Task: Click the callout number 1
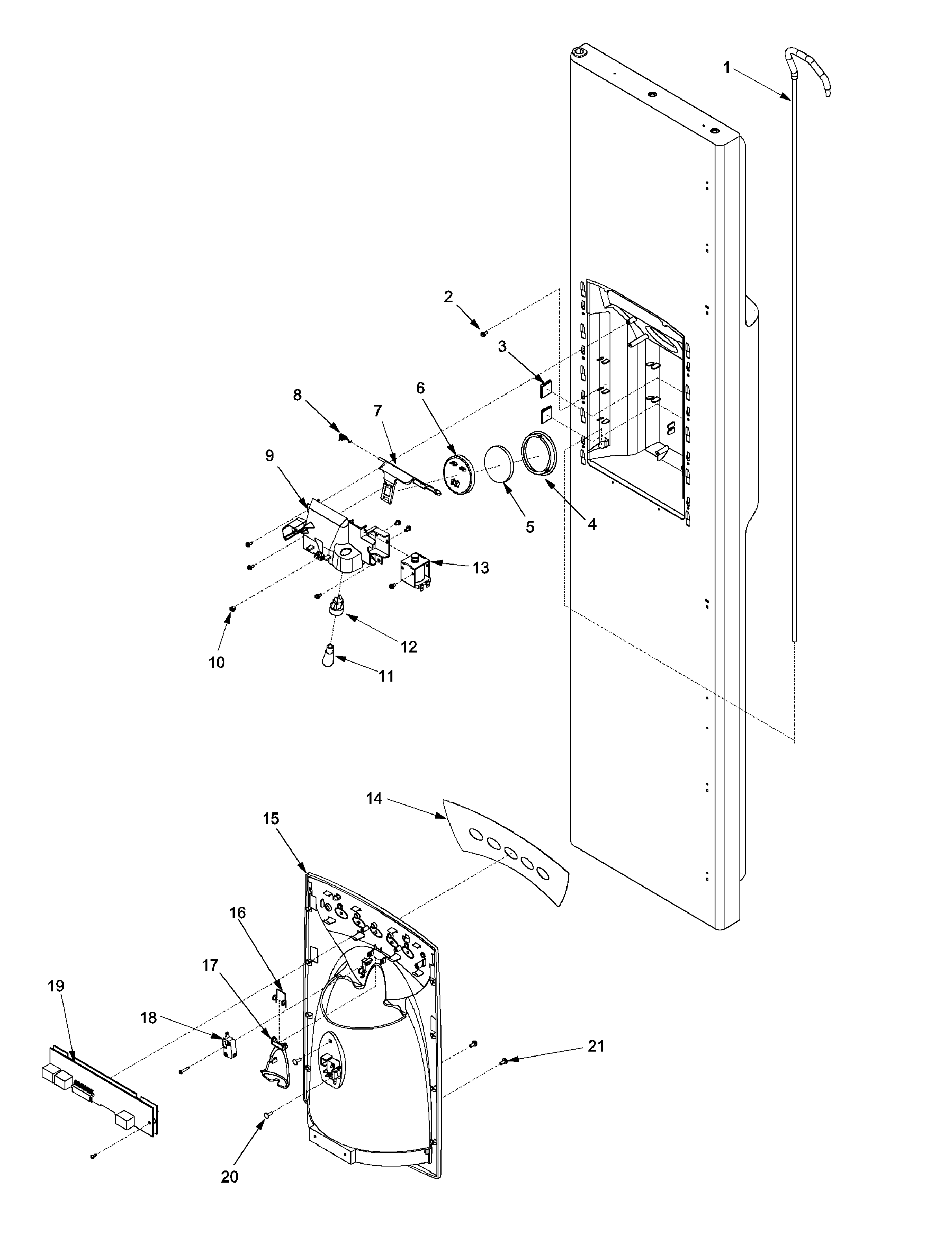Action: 726,68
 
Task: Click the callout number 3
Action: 502,347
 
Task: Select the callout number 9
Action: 270,456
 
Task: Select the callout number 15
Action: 271,819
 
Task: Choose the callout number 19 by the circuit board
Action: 56,986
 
